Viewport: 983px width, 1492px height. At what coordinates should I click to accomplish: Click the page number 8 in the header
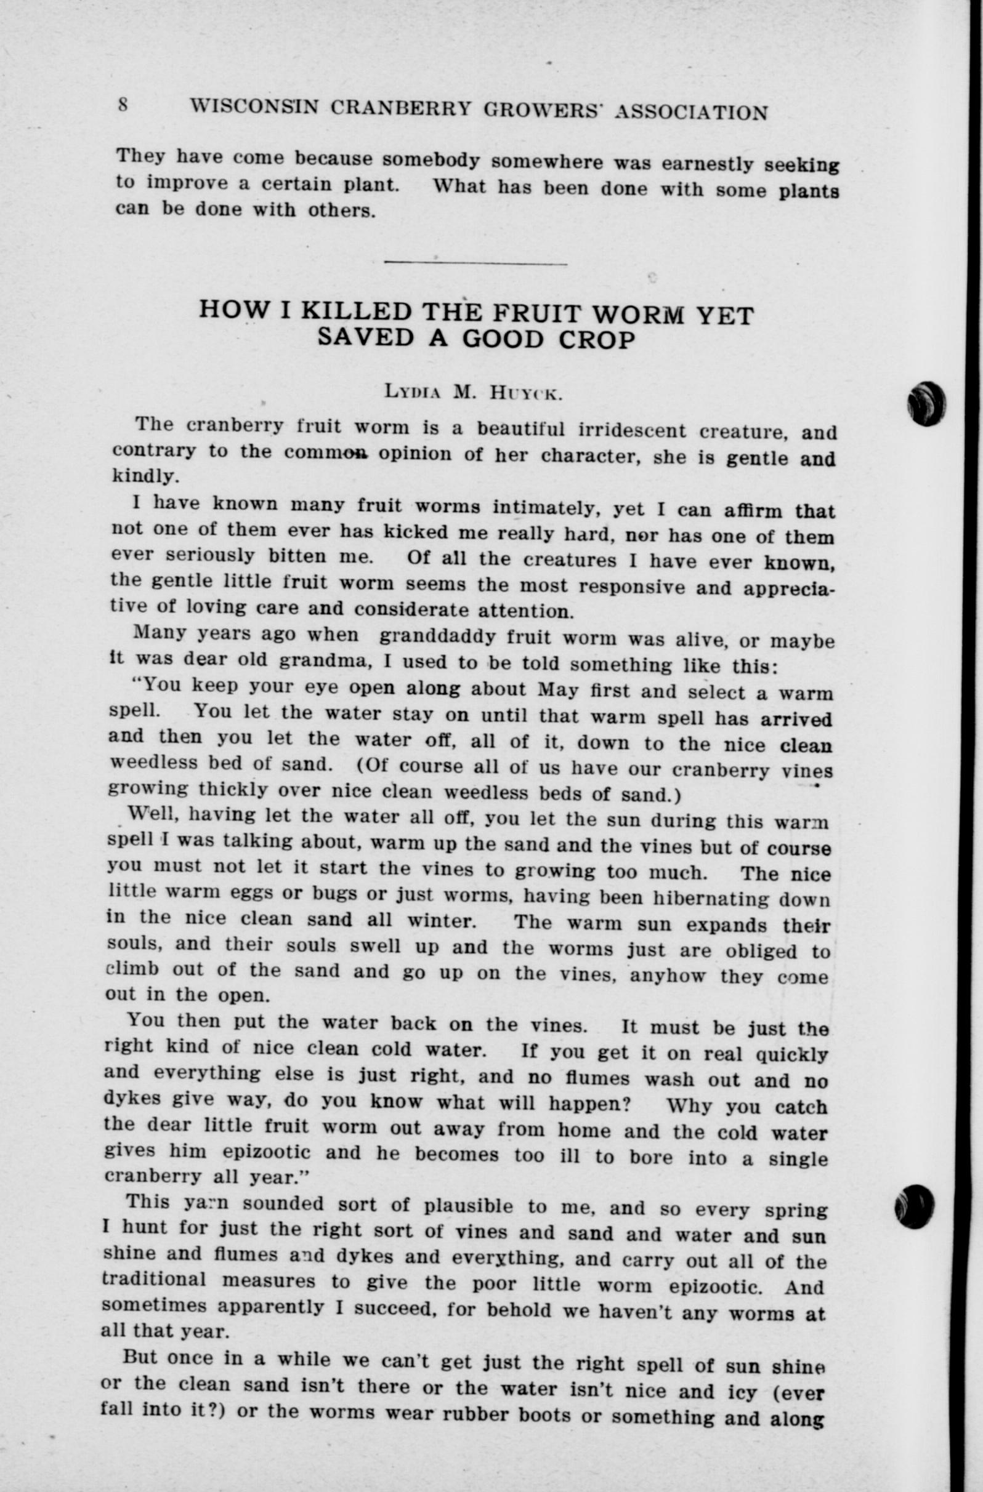(x=123, y=104)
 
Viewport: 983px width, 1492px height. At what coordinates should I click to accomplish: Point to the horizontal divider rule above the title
(x=475, y=263)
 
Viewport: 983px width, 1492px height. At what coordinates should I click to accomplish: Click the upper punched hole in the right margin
(x=926, y=404)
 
